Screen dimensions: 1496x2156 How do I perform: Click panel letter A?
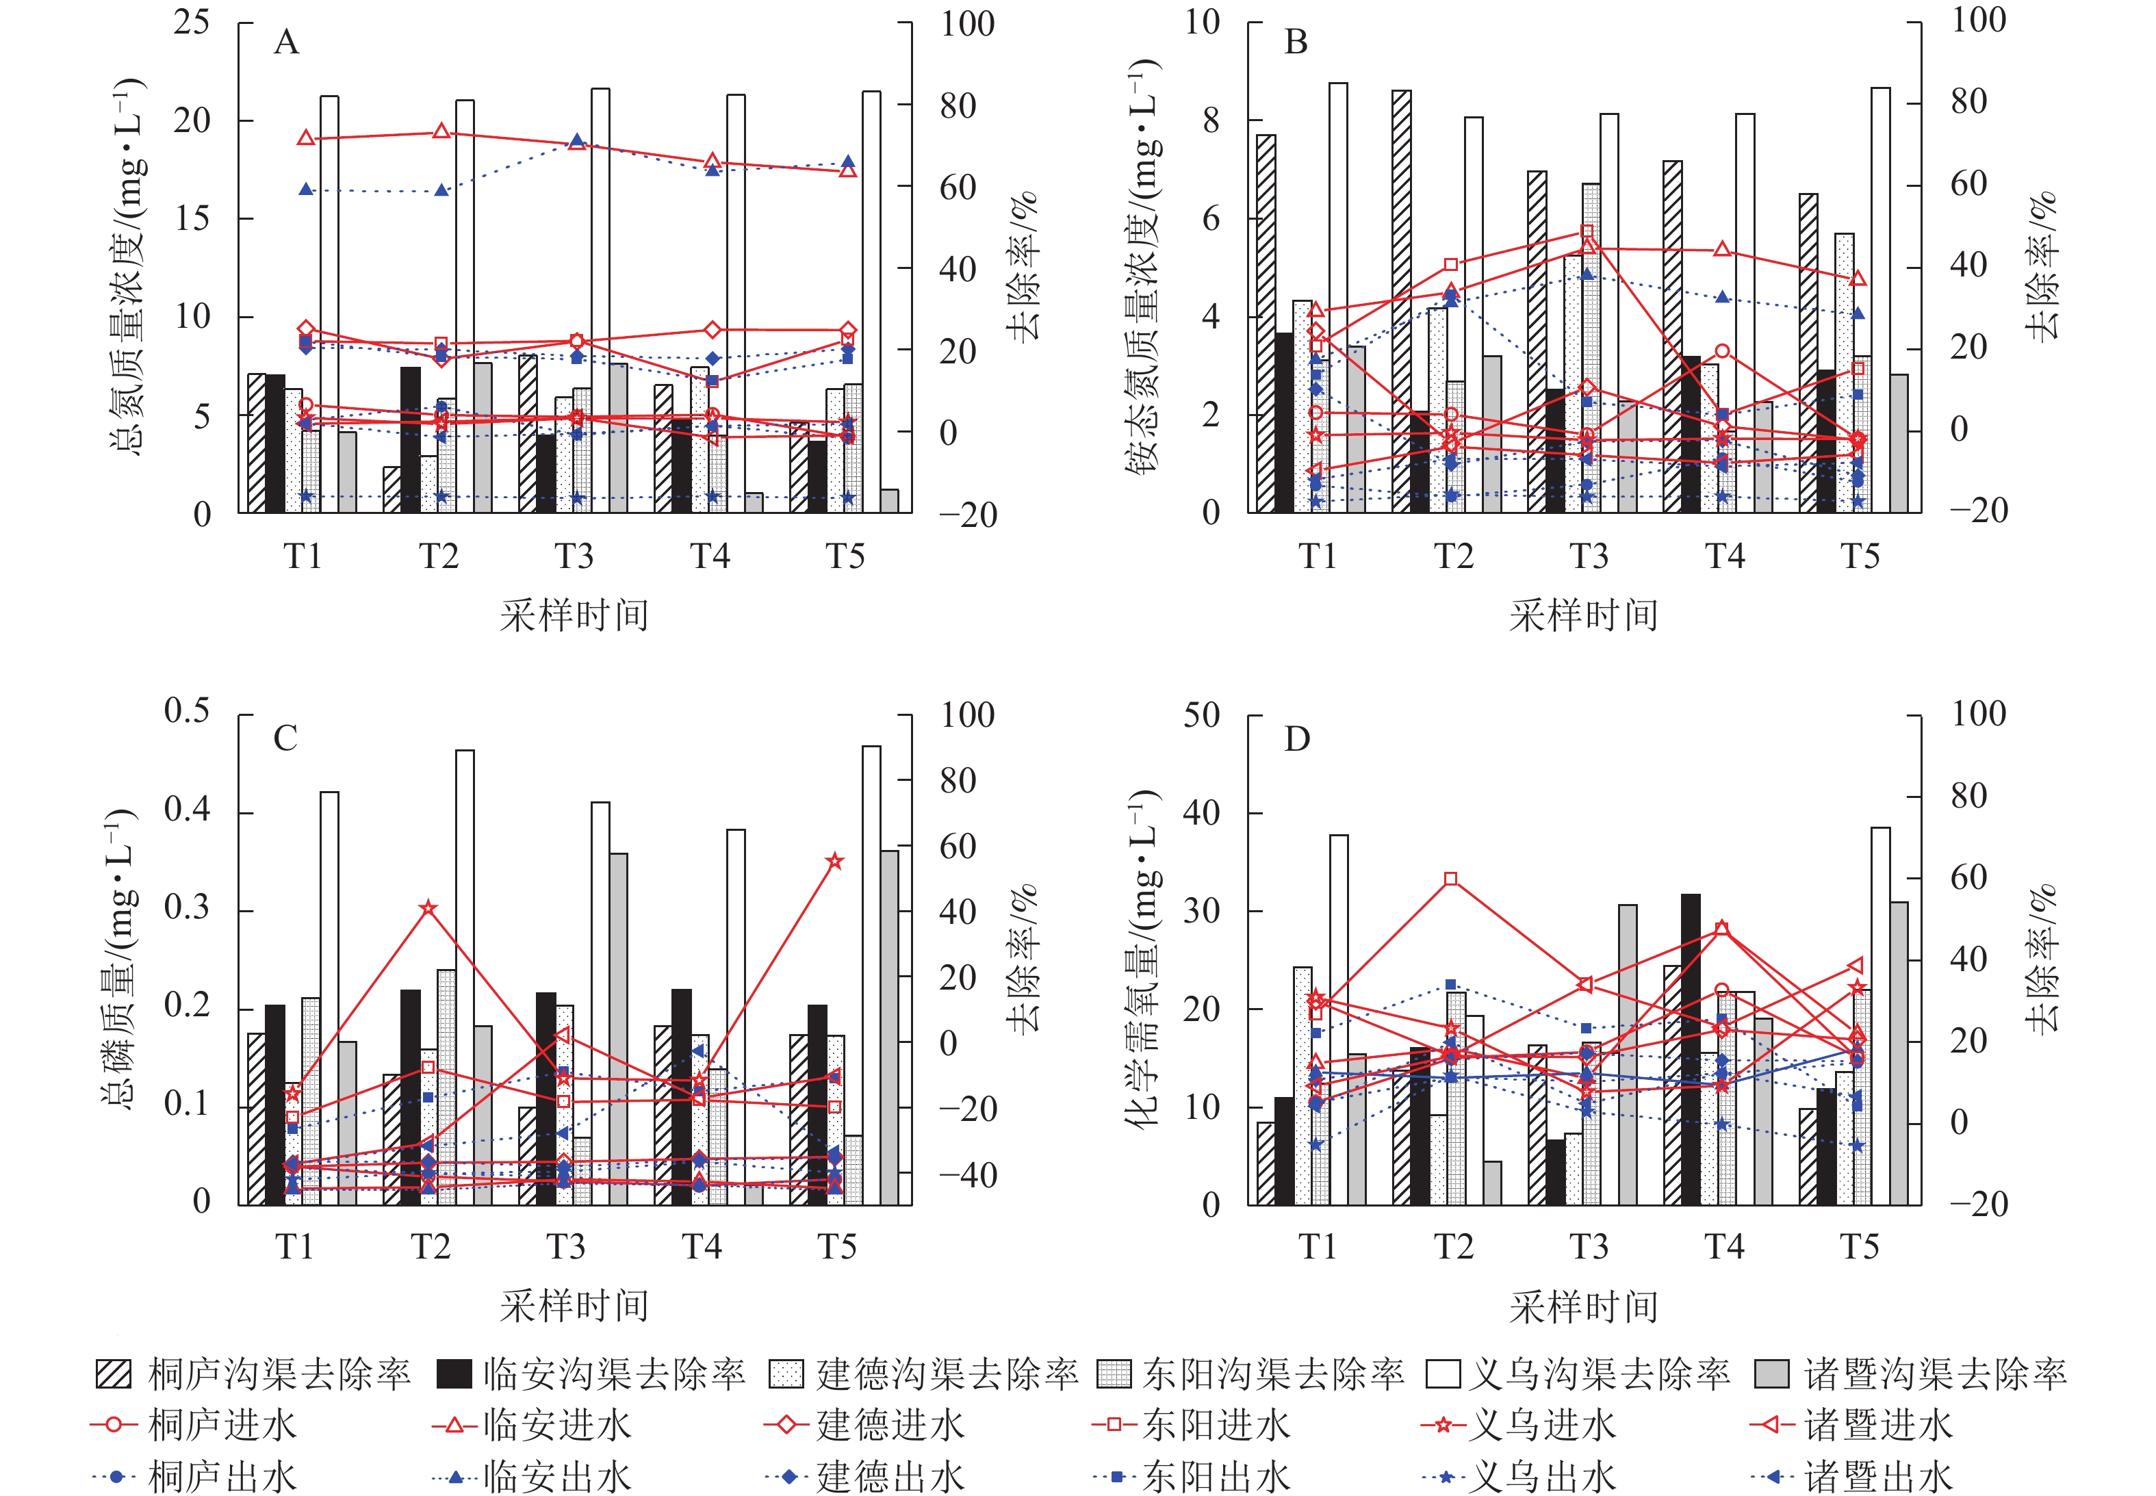pyautogui.click(x=286, y=42)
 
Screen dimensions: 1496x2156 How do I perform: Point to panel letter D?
pyautogui.click(x=1296, y=740)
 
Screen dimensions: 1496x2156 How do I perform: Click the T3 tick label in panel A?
pyautogui.click(x=574, y=557)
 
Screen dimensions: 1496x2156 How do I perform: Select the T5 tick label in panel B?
pyautogui.click(x=1860, y=557)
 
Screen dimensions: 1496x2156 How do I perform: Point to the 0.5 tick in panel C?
pyautogui.click(x=187, y=710)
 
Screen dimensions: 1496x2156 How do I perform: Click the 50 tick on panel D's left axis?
pyautogui.click(x=1201, y=715)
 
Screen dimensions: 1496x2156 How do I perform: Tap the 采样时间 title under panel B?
pyautogui.click(x=1583, y=615)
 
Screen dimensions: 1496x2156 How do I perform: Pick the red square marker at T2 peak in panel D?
pyautogui.click(x=1451, y=878)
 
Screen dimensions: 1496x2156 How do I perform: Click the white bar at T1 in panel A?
pyautogui.click(x=329, y=304)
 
